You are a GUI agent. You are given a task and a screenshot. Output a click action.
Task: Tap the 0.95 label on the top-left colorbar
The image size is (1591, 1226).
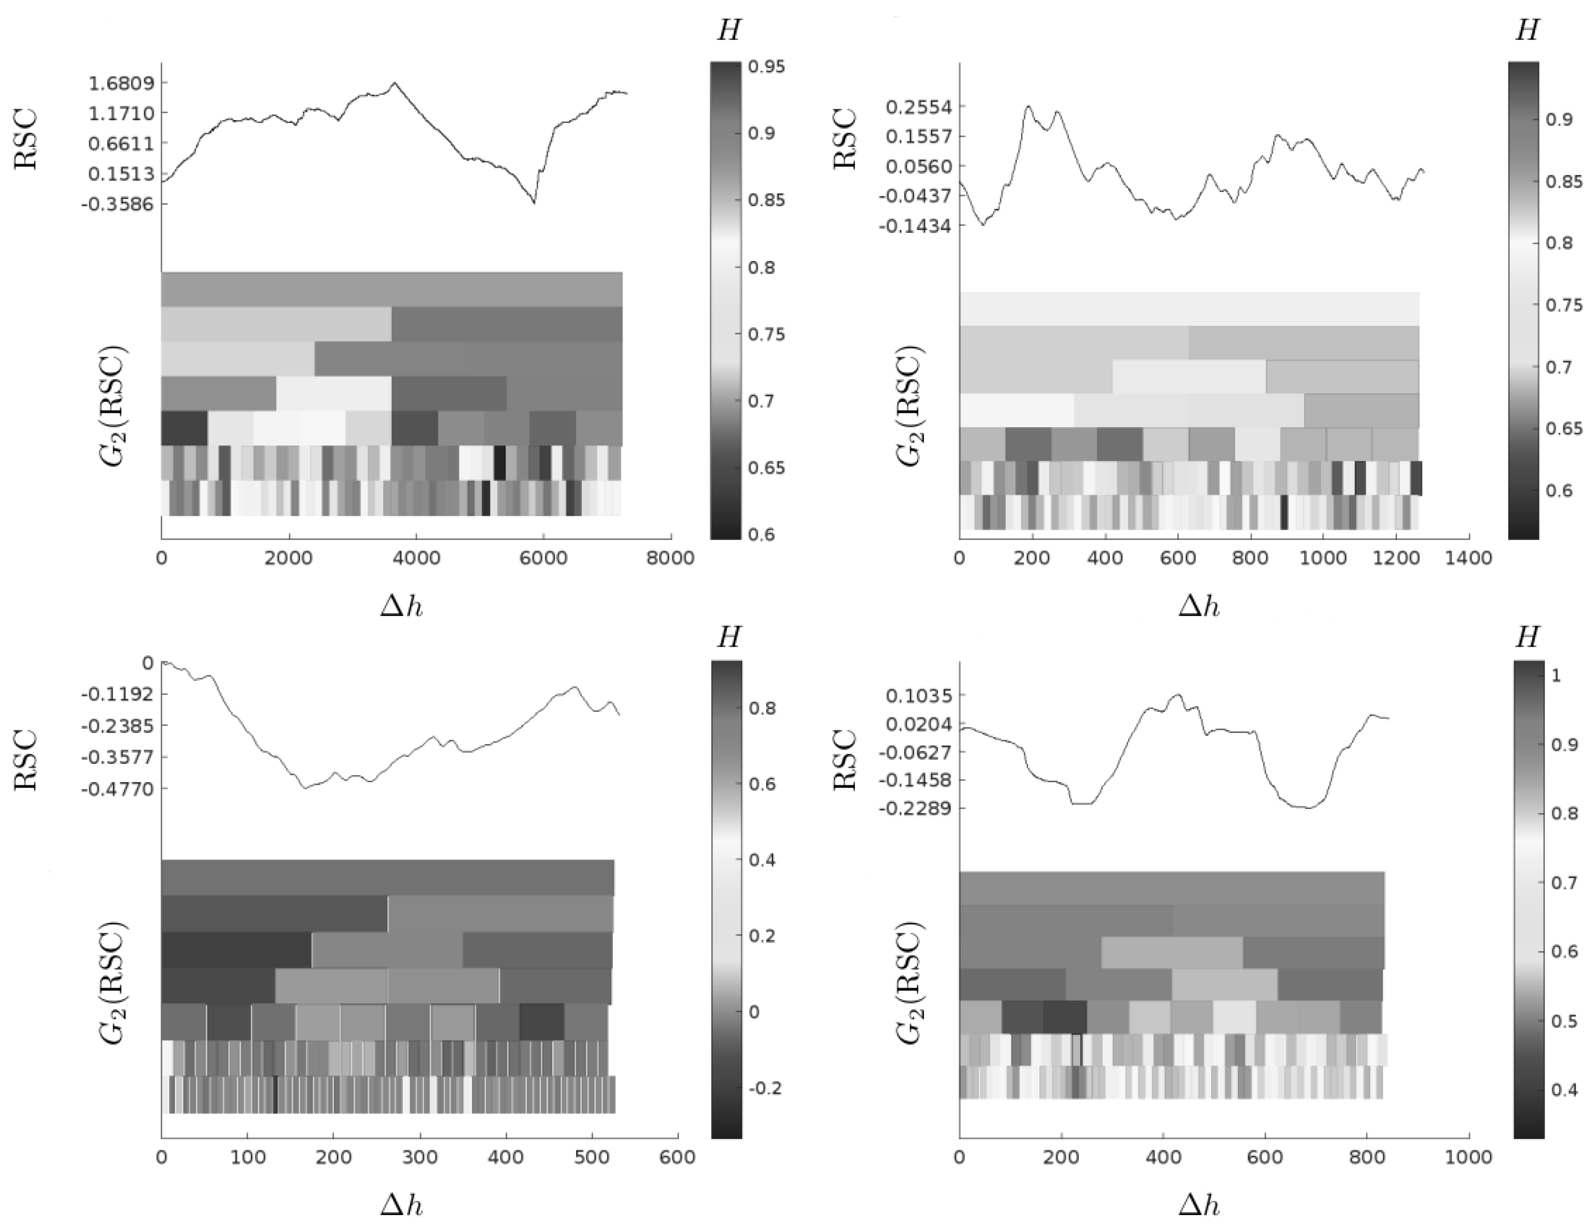point(766,67)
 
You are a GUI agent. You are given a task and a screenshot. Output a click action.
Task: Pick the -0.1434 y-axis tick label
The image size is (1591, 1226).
point(915,226)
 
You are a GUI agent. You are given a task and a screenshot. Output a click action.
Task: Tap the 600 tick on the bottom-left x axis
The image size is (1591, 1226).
point(678,1157)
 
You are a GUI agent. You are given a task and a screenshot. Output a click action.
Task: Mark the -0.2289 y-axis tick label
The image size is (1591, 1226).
point(916,808)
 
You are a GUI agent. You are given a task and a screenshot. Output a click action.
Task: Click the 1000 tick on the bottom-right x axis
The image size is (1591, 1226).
point(1468,1157)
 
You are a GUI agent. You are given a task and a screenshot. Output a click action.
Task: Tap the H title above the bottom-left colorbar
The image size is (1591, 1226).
point(728,638)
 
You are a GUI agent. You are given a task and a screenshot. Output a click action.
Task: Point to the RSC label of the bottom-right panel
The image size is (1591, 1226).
point(845,760)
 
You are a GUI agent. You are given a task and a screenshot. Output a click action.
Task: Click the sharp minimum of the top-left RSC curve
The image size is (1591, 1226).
point(534,203)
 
